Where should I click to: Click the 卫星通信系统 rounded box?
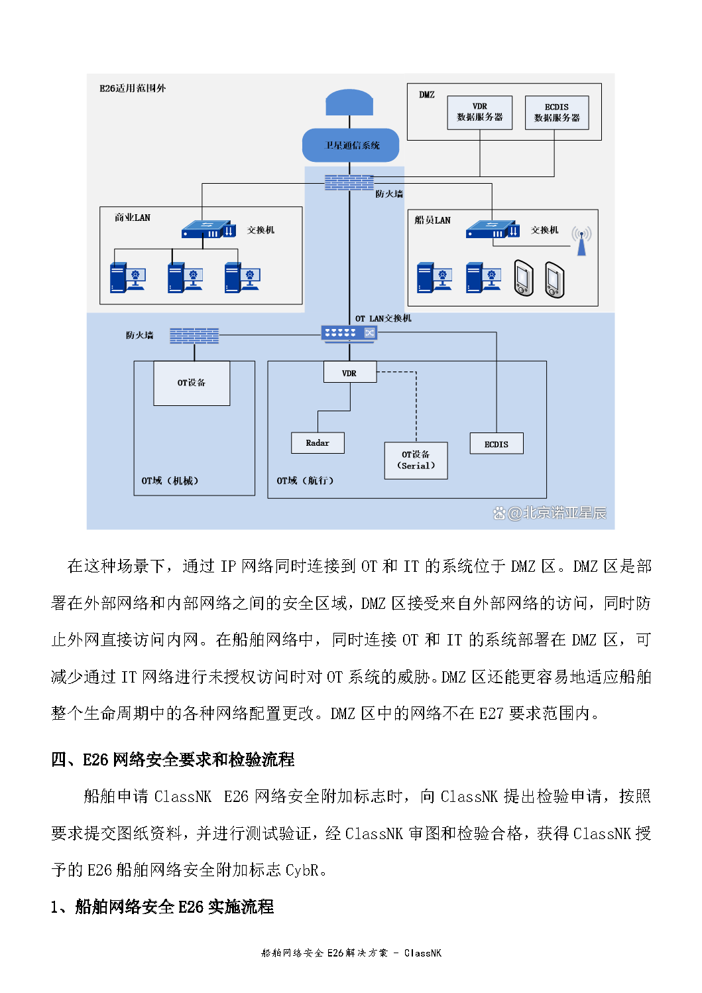(351, 145)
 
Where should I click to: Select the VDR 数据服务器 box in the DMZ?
(479, 112)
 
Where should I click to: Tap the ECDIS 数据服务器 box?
(557, 112)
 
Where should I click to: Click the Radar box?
(318, 443)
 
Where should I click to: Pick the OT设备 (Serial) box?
(416, 460)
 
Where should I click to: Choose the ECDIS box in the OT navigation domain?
(497, 444)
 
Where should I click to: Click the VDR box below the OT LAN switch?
(349, 373)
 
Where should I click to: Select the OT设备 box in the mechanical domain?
(192, 383)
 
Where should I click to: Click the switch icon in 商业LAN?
(209, 230)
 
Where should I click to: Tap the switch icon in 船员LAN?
(493, 230)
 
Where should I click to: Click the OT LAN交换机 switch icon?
(349, 333)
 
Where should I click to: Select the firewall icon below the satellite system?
(349, 182)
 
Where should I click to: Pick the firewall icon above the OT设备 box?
(194, 336)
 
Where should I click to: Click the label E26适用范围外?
(133, 88)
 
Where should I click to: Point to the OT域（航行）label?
(305, 481)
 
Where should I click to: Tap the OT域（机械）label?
(170, 481)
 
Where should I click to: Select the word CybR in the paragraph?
(302, 870)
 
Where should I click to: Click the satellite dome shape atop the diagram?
(349, 103)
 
